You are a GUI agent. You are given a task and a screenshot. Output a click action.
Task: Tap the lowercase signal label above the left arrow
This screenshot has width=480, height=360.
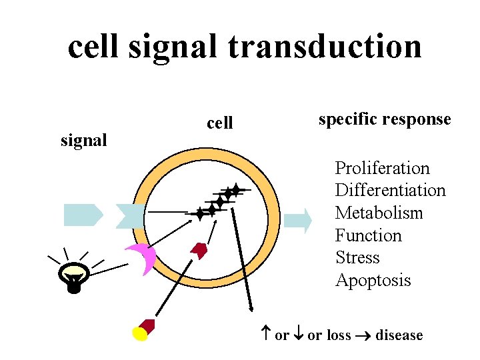pos(83,141)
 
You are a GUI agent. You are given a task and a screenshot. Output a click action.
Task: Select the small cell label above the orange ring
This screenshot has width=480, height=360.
pos(220,123)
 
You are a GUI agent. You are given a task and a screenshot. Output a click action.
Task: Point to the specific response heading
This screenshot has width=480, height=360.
pos(385,119)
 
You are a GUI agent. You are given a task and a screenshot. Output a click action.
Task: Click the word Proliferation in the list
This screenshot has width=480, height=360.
pos(382,168)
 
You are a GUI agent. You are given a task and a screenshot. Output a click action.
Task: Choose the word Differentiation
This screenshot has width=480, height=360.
pos(390,191)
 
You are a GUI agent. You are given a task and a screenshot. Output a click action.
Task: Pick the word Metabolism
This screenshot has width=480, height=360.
pos(379,213)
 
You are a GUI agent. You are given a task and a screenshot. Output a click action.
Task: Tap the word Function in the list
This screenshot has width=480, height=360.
pos(368,236)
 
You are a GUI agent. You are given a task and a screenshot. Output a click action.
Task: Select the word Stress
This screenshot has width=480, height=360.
pos(357,258)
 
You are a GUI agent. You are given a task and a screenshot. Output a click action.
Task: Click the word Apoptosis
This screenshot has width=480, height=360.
pos(373,281)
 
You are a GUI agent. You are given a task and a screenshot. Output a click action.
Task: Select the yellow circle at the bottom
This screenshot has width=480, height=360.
pos(140,333)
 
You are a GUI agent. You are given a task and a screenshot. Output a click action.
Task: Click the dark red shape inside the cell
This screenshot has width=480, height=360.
pos(199,251)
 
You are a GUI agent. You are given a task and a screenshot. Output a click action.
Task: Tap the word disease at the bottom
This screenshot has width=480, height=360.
pos(399,335)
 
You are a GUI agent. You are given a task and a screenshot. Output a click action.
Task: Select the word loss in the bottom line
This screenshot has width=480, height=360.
pos(339,335)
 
